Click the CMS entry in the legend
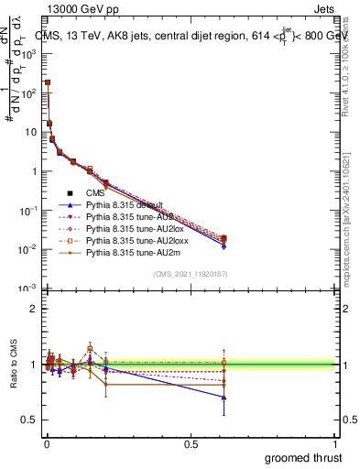pos(96,192)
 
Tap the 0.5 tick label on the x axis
pos(191,444)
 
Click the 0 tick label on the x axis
pos(47,444)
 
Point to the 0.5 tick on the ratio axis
pos(28,420)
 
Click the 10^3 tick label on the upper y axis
pos(28,54)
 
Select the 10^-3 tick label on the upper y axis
pos(28,289)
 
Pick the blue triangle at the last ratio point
pos(224,397)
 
